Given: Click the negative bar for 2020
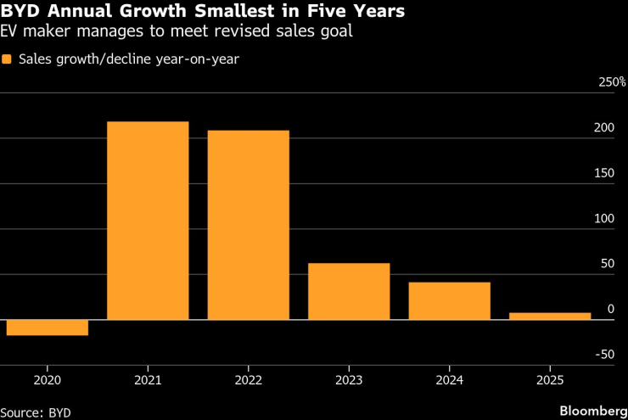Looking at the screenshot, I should pyautogui.click(x=47, y=328).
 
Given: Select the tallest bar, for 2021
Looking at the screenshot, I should pyautogui.click(x=148, y=221).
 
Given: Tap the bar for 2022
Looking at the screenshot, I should pyautogui.click(x=249, y=225).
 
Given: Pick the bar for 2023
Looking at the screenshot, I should pyautogui.click(x=349, y=291).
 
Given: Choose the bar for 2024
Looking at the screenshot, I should pyautogui.click(x=449, y=300).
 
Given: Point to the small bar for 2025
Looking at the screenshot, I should pyautogui.click(x=550, y=316).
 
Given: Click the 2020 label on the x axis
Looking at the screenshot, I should pyautogui.click(x=48, y=380).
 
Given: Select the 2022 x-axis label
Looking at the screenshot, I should pyautogui.click(x=249, y=380).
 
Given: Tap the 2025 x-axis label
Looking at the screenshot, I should pyautogui.click(x=550, y=380).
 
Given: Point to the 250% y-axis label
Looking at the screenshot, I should pyautogui.click(x=612, y=82).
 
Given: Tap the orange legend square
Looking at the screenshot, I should pyautogui.click(x=8, y=59).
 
